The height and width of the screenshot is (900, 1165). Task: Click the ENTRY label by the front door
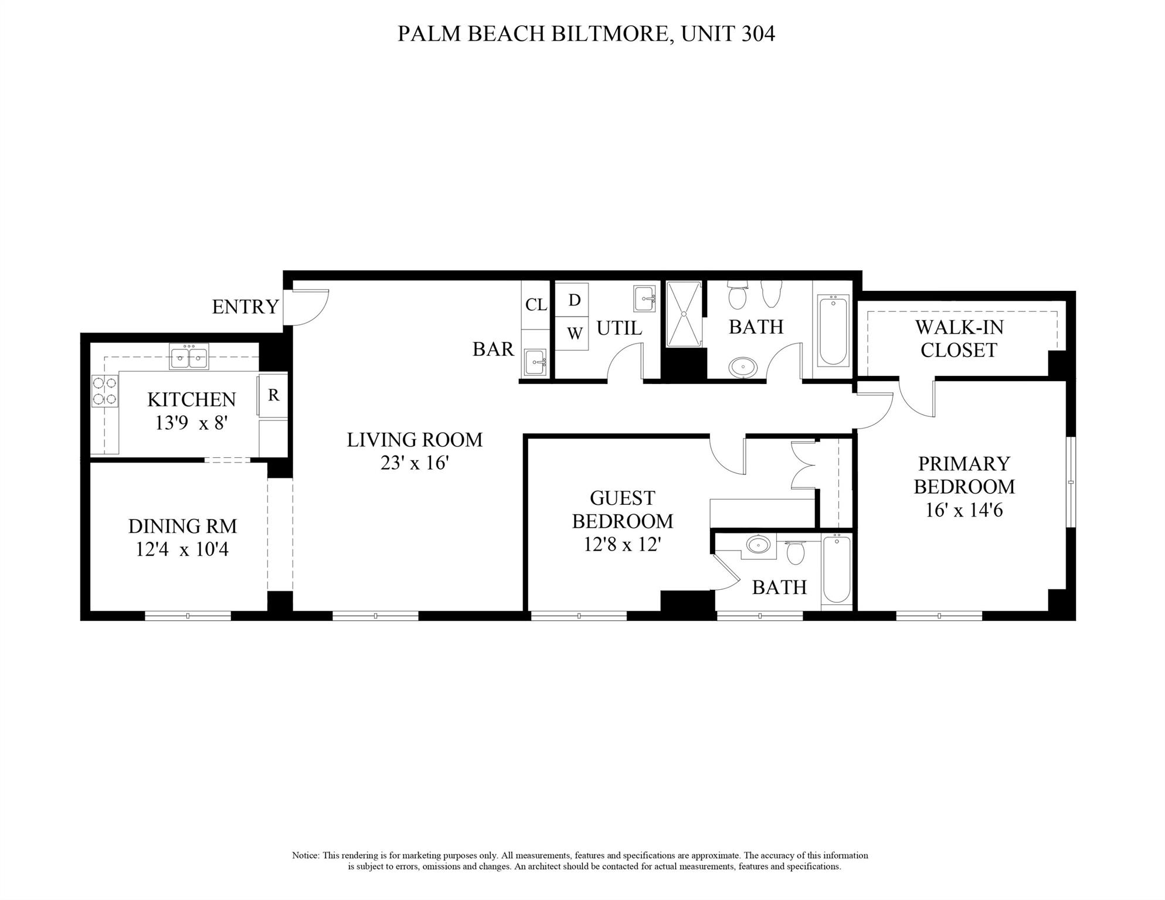245,307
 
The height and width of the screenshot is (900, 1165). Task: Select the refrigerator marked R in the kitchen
273,396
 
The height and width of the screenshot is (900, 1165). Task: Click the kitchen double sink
189,356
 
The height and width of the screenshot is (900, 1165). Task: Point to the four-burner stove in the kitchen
104,390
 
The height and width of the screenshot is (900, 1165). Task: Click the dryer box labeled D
574,300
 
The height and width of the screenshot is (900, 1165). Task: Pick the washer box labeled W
574,334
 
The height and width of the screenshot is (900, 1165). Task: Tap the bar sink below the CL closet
535,362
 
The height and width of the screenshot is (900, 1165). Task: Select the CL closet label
536,305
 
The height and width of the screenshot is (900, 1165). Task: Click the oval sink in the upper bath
743,368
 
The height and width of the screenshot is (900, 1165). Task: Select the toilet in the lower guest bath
795,552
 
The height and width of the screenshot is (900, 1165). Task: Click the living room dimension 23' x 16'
415,463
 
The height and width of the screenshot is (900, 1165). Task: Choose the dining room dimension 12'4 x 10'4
182,550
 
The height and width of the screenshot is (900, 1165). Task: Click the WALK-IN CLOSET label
959,338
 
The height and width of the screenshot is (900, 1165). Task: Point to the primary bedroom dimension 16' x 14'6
964,510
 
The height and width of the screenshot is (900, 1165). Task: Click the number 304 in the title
758,33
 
